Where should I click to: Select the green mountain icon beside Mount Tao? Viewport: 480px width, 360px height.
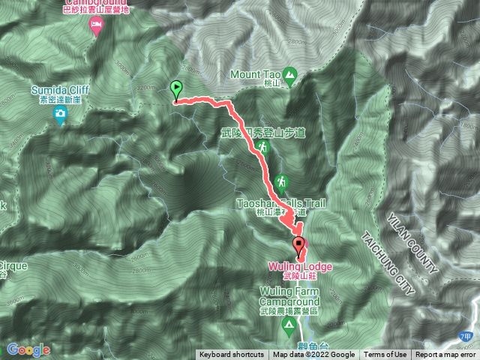[x=291, y=74]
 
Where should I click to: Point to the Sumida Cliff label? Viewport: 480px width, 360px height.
[x=60, y=90]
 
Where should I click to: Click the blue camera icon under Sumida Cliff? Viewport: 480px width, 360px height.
[x=60, y=114]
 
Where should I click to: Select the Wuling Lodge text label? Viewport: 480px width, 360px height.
[x=299, y=266]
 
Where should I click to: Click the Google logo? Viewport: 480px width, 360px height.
[x=28, y=349]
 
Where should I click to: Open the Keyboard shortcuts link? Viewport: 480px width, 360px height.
[x=231, y=355]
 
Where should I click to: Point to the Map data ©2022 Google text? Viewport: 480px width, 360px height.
[x=313, y=355]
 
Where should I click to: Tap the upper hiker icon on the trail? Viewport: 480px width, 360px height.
[x=263, y=148]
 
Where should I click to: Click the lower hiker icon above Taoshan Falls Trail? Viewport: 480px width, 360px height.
[x=281, y=182]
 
